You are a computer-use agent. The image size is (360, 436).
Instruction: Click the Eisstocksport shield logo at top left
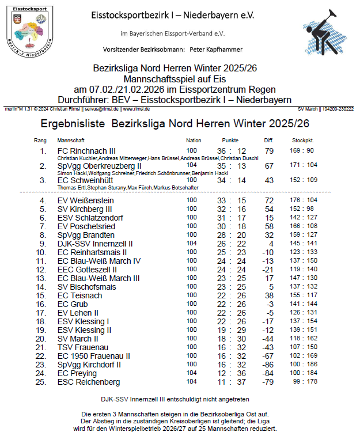[x=32, y=28]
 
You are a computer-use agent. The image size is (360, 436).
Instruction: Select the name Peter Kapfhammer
[x=218, y=50]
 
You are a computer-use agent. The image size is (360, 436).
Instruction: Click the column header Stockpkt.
[x=302, y=141]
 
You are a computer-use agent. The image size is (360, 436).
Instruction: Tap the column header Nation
[x=194, y=141]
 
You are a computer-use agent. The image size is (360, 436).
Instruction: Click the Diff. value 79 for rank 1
[x=269, y=151]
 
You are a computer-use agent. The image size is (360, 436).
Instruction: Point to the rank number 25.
[x=42, y=382]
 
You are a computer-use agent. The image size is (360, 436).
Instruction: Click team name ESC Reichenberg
[x=88, y=382]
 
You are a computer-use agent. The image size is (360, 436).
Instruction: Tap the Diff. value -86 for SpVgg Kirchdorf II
[x=268, y=365]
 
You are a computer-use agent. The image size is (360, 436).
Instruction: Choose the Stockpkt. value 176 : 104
[x=302, y=200]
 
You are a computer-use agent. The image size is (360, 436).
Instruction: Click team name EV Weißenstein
[x=85, y=200]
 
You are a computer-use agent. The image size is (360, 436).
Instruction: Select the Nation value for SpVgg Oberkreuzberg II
[x=191, y=165]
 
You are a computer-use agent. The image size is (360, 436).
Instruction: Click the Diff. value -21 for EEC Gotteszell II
[x=268, y=270]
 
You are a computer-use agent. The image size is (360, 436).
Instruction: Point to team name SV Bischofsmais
[x=85, y=287]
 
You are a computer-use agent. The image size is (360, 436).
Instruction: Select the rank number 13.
[x=42, y=278]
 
